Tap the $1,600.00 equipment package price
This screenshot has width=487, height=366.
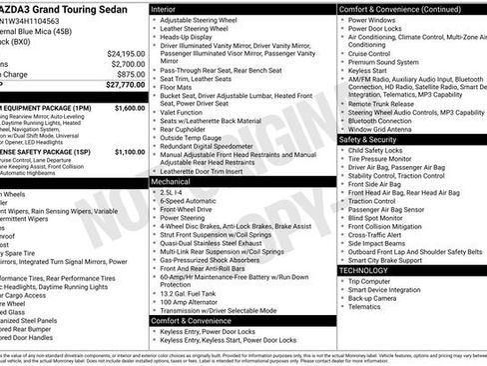coord(129,107)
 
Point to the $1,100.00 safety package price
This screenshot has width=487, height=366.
coord(129,152)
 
